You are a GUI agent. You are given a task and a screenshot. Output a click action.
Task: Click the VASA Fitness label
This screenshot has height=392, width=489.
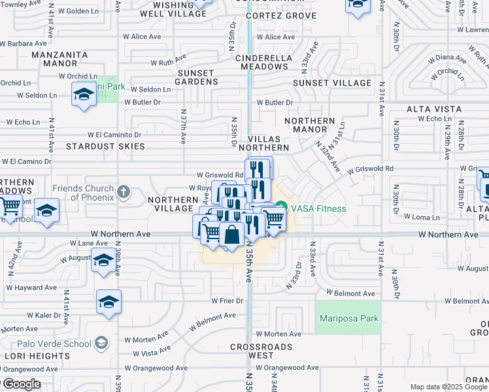pos(318,208)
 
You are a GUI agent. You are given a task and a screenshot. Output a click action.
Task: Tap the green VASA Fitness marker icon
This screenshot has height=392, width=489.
pos(281,208)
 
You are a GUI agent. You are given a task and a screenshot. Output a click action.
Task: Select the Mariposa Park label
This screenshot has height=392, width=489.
pos(349,318)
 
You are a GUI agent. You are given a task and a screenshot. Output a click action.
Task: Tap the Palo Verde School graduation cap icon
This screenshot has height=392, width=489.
pos(101,343)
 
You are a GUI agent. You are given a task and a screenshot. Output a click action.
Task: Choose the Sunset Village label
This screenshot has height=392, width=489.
pos(331,83)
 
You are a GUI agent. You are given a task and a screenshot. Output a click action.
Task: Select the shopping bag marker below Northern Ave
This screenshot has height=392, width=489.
pos(231,235)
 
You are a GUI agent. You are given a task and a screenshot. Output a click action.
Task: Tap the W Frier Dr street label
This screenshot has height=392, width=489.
pos(227,301)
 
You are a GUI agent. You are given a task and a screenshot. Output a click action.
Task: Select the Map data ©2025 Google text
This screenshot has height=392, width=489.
pos(448,387)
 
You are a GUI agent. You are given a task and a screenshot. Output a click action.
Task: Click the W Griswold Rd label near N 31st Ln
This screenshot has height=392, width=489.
pos(371,169)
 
